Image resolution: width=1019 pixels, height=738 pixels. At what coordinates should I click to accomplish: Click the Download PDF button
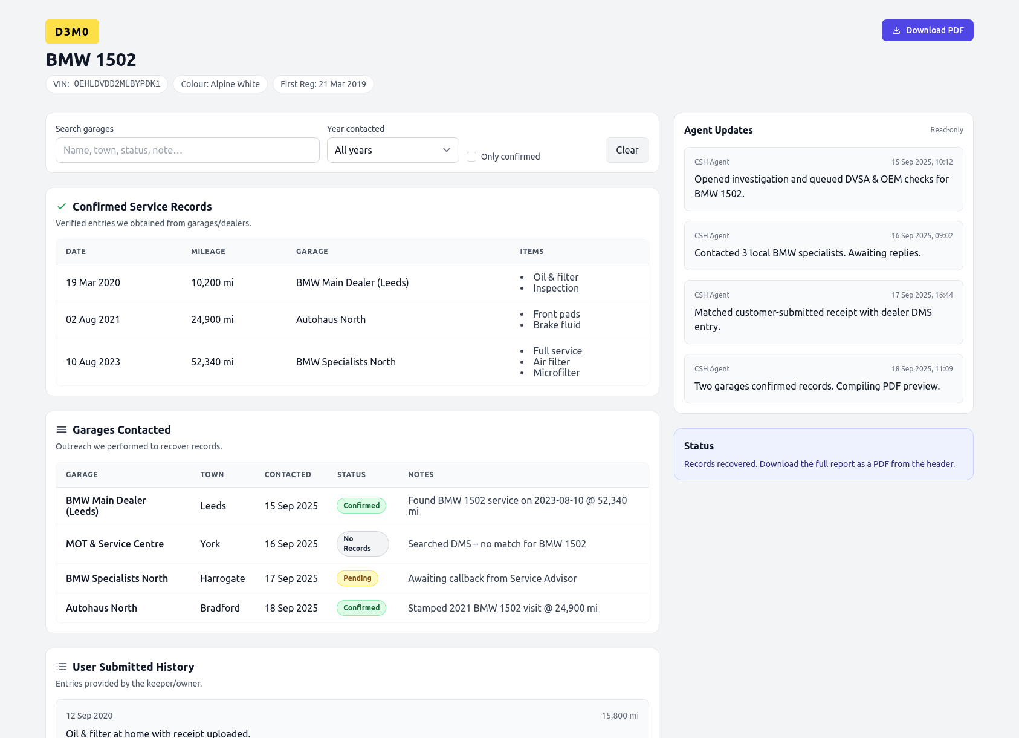tap(927, 30)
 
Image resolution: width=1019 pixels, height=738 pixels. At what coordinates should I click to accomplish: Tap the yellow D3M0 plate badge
tap(72, 32)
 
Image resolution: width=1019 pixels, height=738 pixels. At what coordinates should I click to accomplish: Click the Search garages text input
tap(187, 150)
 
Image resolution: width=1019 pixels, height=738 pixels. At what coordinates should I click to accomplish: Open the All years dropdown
tap(393, 150)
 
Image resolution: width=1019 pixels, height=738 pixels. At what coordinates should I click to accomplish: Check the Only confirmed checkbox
tap(471, 157)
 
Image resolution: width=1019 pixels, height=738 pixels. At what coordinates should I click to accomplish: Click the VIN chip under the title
tap(106, 84)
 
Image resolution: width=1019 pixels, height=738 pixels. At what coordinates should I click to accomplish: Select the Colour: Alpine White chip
tap(220, 84)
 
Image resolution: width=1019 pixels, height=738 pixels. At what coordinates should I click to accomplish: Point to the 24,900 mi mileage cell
tap(212, 319)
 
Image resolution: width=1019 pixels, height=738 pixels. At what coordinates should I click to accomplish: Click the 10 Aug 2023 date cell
tap(93, 362)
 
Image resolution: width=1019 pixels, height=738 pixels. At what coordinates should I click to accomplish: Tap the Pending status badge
tap(357, 578)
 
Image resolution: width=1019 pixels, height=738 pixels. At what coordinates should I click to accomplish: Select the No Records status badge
tap(362, 544)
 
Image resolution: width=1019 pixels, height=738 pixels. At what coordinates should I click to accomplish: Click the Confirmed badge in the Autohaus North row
tap(361, 608)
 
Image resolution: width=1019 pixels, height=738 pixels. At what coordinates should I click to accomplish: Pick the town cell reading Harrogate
tap(222, 578)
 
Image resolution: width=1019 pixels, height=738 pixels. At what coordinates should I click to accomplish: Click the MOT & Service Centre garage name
tap(115, 544)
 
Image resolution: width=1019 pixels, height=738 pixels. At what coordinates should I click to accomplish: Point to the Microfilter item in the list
tap(556, 373)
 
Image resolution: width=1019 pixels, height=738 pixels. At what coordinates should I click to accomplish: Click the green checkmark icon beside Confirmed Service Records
tap(62, 206)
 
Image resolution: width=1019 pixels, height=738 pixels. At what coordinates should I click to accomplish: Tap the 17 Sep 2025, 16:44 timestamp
tap(922, 295)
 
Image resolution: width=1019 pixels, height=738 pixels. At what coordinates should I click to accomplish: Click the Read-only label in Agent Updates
tap(946, 130)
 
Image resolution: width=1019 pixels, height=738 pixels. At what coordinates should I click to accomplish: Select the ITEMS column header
tap(531, 252)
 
